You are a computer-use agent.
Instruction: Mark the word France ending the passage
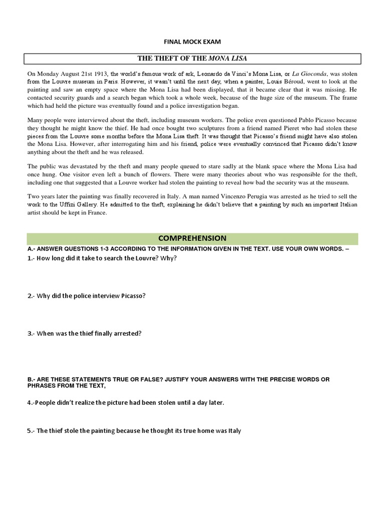coord(98,213)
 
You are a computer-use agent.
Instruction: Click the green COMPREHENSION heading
coord(192,238)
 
